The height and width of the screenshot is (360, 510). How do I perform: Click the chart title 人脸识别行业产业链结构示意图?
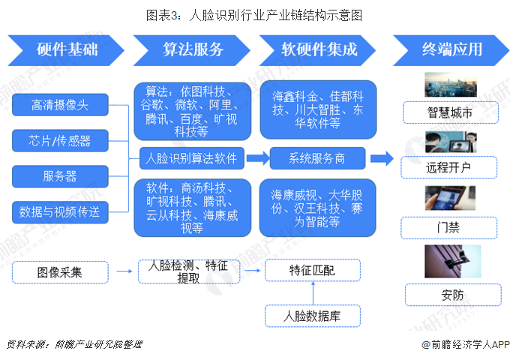coord(255,15)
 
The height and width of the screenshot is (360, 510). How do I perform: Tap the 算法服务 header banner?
coord(193,49)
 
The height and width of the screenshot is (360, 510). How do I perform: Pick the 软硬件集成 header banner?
coord(319,49)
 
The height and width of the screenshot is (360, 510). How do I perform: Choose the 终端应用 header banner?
coord(449,49)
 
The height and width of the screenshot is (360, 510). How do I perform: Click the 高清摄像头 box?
coord(60,105)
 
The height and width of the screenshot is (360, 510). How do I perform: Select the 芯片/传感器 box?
coord(60,141)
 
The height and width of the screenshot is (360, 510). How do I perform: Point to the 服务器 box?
coord(60,177)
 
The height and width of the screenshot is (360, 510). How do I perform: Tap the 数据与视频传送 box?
coord(60,212)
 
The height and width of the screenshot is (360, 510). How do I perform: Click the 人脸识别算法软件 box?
coord(191,158)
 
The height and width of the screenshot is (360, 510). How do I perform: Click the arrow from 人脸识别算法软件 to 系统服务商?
coord(257,158)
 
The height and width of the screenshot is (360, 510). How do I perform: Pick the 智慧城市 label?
coord(448,114)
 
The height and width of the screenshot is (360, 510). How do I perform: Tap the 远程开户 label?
coord(448,166)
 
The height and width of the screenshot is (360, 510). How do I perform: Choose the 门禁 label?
coord(448,226)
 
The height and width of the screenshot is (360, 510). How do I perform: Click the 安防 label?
coord(448,294)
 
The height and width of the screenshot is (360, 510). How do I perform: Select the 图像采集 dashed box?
coord(60,272)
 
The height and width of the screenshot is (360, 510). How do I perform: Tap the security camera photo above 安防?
coord(448,262)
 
